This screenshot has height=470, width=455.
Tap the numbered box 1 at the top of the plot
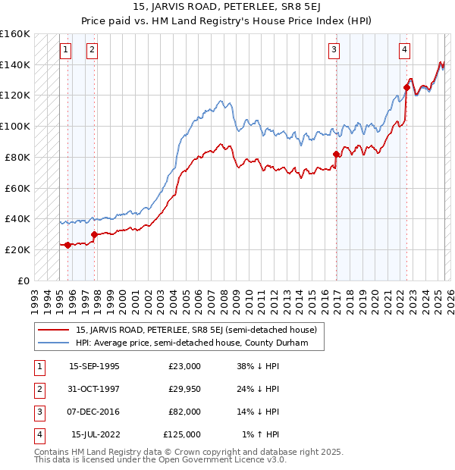pos(66,51)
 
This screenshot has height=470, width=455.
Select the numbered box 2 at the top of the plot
pos(92,51)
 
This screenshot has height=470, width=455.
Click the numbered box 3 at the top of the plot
pos(334,51)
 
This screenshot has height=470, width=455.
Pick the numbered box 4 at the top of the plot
pos(405,51)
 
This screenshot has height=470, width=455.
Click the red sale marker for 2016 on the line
pos(335,154)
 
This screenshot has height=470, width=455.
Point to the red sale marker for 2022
pos(406,87)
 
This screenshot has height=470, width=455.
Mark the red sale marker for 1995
pos(67,245)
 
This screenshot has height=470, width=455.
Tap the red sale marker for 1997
pos(95,234)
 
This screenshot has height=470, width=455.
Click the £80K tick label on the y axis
pos(16,157)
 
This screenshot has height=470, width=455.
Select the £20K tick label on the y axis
pos(16,249)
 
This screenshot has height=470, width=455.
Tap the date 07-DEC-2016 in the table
pos(94,412)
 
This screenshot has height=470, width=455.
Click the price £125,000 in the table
pos(182,434)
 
